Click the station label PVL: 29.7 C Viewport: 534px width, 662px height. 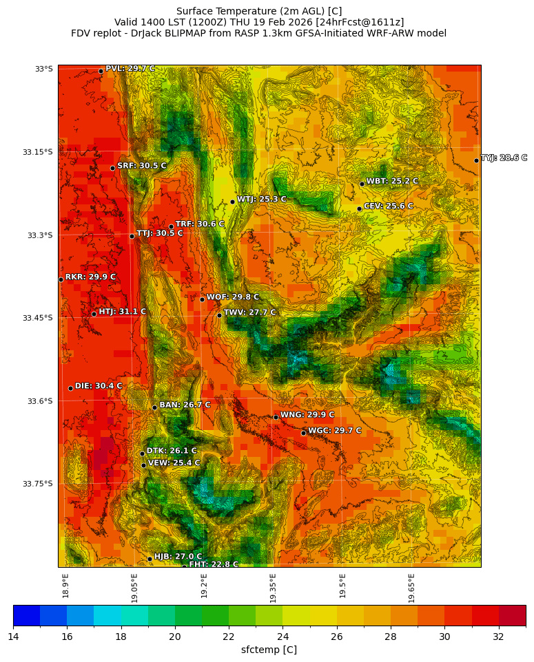130,69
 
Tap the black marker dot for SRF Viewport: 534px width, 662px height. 112,168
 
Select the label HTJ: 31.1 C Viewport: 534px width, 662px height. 122,312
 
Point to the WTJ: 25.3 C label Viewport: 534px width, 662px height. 261,200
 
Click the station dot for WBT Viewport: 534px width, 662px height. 362,184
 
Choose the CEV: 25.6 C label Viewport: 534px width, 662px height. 388,206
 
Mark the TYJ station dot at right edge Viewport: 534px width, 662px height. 476,160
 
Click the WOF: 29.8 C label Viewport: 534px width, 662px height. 233,297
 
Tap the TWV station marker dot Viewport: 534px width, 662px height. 219,315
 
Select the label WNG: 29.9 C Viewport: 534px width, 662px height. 307,415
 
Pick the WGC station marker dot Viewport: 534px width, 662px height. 303,433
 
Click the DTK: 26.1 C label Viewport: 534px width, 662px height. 172,451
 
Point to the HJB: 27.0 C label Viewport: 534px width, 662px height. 178,557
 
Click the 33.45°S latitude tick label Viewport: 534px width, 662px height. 39,318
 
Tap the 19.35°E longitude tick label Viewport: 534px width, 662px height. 273,588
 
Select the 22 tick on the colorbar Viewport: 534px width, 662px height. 229,637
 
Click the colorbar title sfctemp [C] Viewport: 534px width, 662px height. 269,650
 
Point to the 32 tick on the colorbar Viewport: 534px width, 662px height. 498,637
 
